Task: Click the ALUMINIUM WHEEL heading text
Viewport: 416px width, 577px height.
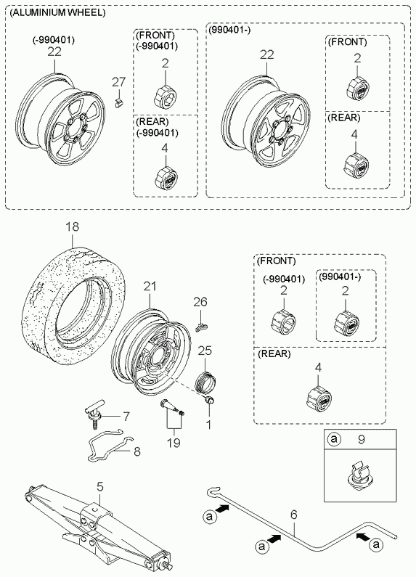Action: point(58,12)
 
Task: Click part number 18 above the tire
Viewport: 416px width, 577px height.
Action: point(72,226)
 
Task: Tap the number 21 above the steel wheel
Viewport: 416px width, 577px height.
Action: point(150,286)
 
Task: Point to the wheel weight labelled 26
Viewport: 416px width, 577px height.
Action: point(201,325)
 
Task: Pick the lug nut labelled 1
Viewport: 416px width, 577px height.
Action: point(209,401)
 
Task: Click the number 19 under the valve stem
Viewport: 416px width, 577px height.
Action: point(174,442)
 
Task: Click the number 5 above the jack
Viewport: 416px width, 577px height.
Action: point(100,487)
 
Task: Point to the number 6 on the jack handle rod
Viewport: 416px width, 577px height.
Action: point(293,515)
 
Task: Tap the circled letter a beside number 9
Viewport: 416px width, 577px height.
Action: point(334,438)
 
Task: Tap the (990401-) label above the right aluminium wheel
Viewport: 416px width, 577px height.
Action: point(229,30)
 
